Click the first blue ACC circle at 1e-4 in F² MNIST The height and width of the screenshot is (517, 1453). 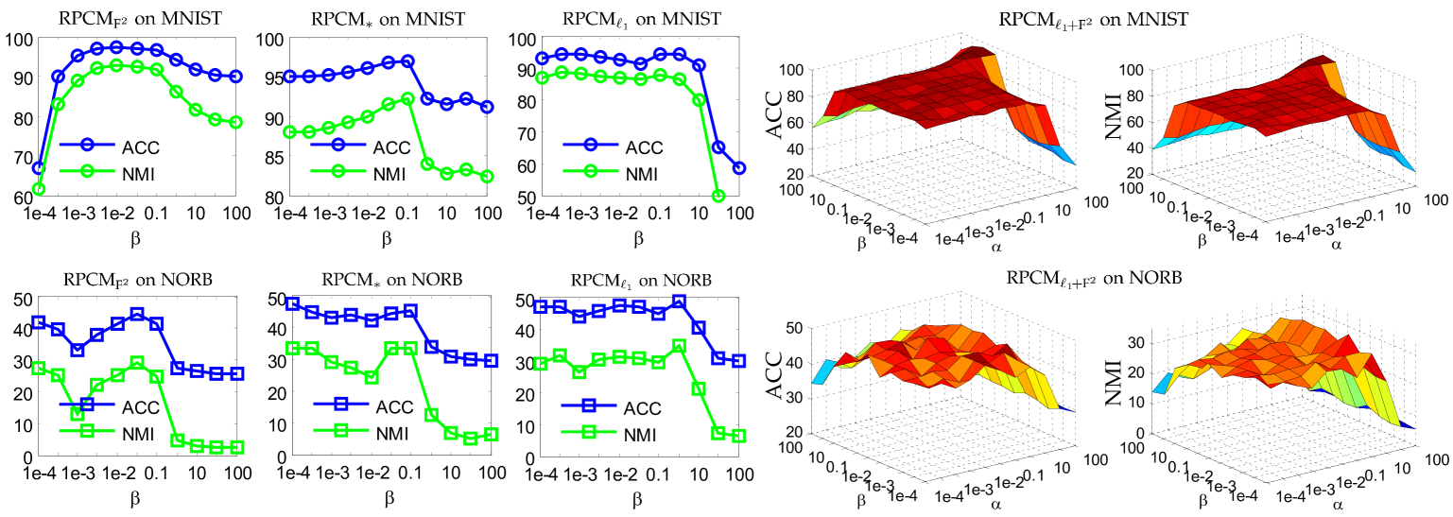coord(39,167)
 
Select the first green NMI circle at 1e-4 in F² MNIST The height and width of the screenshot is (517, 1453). coord(39,189)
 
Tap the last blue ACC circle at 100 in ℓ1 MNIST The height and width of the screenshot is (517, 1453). coord(738,167)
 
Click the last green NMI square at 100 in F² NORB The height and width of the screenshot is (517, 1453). coord(236,447)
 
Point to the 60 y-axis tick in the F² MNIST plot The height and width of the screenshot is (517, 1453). coord(18,198)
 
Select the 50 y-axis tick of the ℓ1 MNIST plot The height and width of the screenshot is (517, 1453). coord(521,198)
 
